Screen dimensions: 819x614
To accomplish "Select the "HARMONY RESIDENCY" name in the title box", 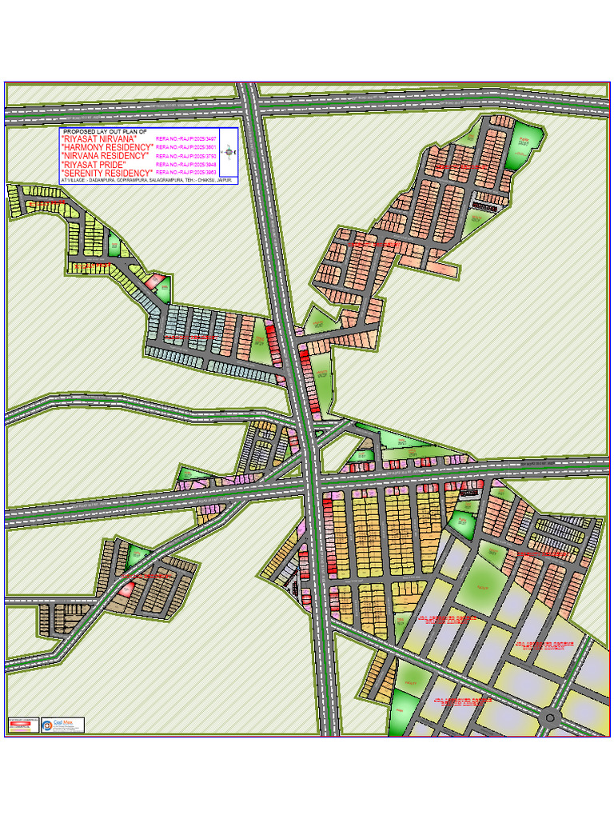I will pyautogui.click(x=107, y=148).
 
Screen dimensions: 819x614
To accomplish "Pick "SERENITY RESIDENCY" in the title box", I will pyautogui.click(x=107, y=173).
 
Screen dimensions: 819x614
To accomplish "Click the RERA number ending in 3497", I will pyautogui.click(x=185, y=139).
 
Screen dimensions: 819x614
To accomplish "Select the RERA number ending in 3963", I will pyautogui.click(x=185, y=173).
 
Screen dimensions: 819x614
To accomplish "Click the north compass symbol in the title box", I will pyautogui.click(x=229, y=151).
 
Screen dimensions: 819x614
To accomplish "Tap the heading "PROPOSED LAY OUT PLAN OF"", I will pyautogui.click(x=105, y=131).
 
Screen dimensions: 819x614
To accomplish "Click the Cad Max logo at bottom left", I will pyautogui.click(x=62, y=725).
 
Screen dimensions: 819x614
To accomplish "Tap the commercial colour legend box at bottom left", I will pyautogui.click(x=23, y=725).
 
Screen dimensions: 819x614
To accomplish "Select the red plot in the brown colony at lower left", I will pyautogui.click(x=126, y=591).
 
